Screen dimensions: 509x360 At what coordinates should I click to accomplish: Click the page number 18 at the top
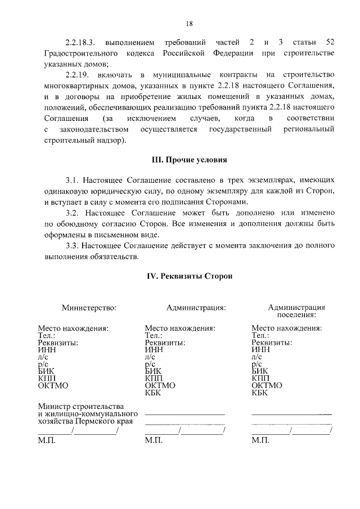[189, 23]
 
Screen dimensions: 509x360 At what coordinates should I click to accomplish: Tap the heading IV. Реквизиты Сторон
[189, 276]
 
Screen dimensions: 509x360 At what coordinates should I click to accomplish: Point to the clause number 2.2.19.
[78, 75]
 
